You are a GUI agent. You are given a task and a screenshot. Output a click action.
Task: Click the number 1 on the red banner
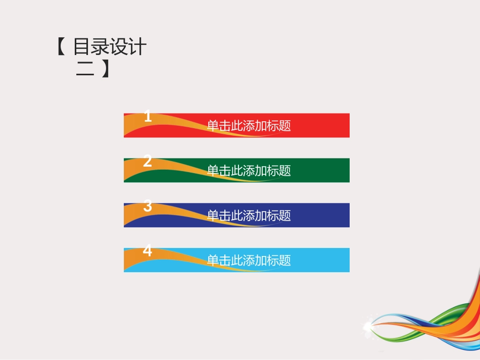148,117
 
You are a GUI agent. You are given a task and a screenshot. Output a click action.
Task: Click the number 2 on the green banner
148,162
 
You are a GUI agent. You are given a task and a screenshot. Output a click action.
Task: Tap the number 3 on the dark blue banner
148,206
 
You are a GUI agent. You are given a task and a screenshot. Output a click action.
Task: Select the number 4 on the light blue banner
148,251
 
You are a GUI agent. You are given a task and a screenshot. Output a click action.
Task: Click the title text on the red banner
249,126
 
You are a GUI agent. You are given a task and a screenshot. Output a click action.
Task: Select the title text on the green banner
249,171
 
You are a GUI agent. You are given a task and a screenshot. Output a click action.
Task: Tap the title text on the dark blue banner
249,216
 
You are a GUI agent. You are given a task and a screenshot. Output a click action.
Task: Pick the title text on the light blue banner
249,261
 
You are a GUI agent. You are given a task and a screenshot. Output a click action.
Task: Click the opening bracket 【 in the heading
61,47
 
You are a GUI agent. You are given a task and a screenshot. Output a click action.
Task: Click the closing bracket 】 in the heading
104,69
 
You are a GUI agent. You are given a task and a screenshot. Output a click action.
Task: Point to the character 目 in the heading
82,47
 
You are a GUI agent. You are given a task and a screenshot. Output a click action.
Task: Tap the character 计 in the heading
138,47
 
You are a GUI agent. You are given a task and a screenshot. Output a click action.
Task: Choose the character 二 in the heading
84,69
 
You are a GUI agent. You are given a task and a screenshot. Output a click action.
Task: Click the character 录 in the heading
101,47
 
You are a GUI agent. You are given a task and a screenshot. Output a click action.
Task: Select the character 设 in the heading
119,47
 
